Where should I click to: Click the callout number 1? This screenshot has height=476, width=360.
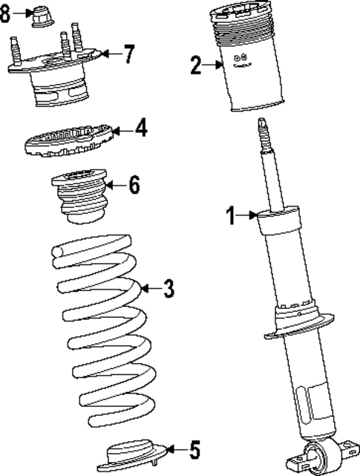click(231, 216)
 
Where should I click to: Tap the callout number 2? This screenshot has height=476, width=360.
click(196, 65)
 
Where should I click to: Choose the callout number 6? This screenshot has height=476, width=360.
click(134, 185)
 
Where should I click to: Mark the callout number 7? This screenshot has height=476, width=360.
click(129, 53)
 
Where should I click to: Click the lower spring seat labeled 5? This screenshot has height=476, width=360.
click(134, 454)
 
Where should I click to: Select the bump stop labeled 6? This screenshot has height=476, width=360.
click(79, 199)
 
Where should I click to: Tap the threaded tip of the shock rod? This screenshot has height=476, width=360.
click(264, 133)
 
